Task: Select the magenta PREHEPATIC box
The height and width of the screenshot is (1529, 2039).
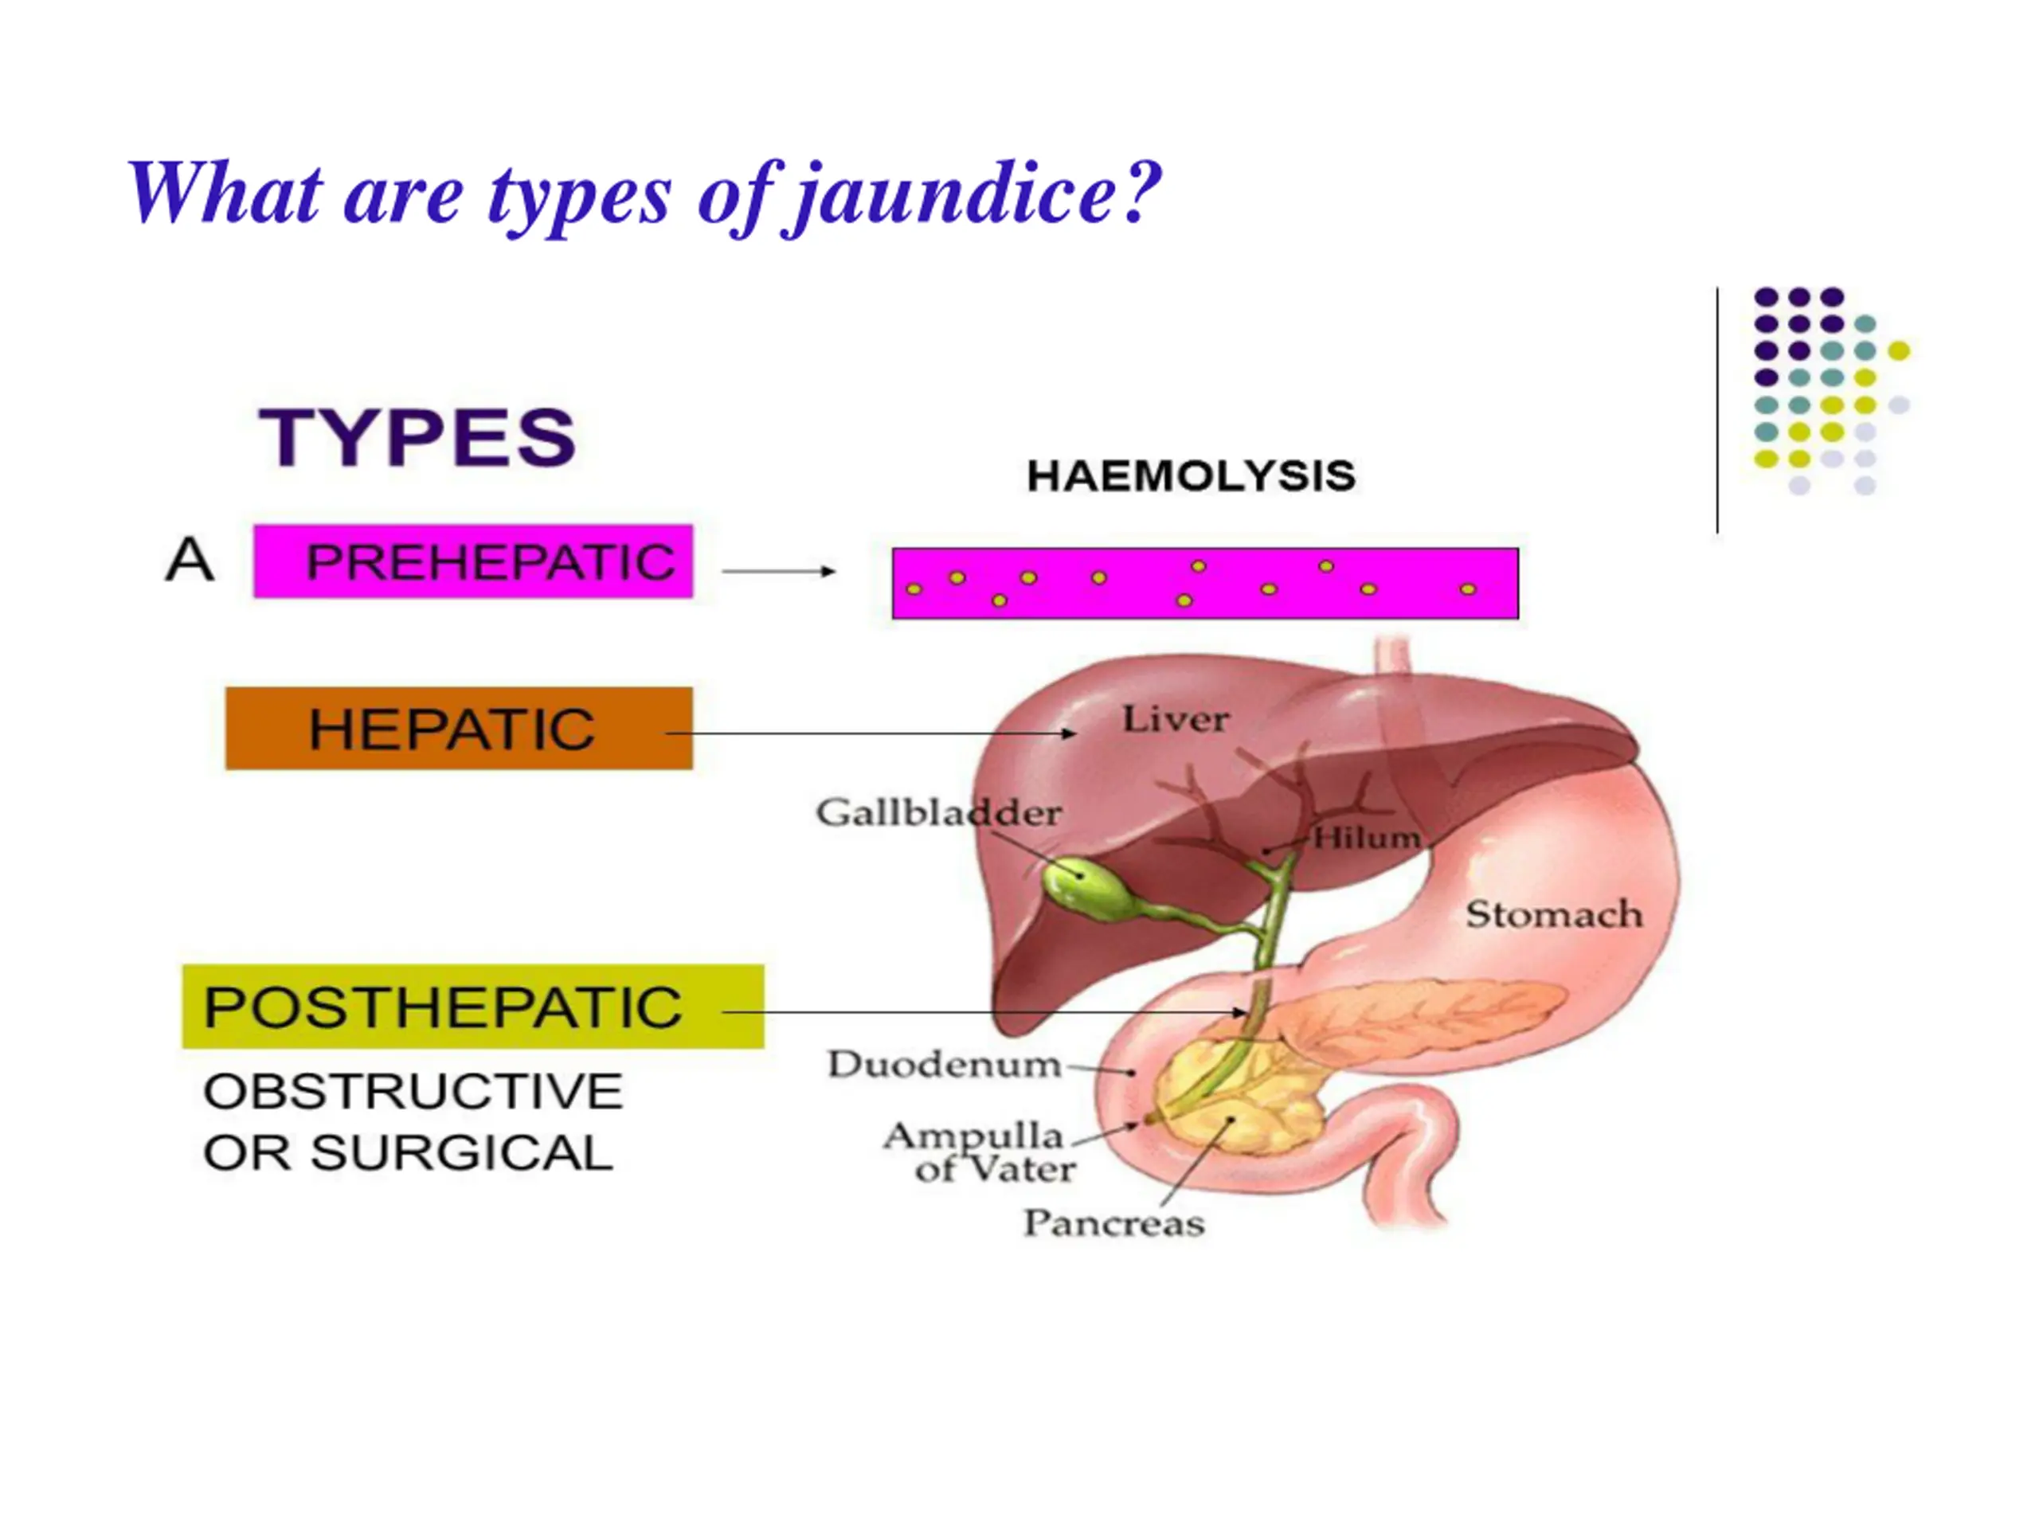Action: click(x=473, y=561)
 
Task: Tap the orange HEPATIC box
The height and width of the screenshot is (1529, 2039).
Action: click(x=458, y=728)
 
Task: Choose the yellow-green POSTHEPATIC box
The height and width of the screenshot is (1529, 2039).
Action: click(x=472, y=1007)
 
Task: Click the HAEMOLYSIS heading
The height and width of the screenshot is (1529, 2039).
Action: click(x=1191, y=476)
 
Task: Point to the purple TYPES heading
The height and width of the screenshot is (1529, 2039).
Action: click(x=417, y=437)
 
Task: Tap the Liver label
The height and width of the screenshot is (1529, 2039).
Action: click(x=1176, y=719)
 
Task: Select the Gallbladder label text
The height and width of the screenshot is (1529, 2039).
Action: click(x=938, y=813)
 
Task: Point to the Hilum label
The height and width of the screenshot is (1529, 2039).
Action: click(x=1366, y=838)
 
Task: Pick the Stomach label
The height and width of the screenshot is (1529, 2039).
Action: click(x=1554, y=914)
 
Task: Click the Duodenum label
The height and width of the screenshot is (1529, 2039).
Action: click(x=944, y=1065)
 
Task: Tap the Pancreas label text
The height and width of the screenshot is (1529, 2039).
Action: click(x=1113, y=1223)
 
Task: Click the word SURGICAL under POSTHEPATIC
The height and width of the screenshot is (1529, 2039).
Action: click(x=462, y=1153)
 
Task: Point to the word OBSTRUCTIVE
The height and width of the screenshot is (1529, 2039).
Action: click(x=413, y=1091)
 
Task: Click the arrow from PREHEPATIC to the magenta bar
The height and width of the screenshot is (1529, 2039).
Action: click(x=779, y=572)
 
